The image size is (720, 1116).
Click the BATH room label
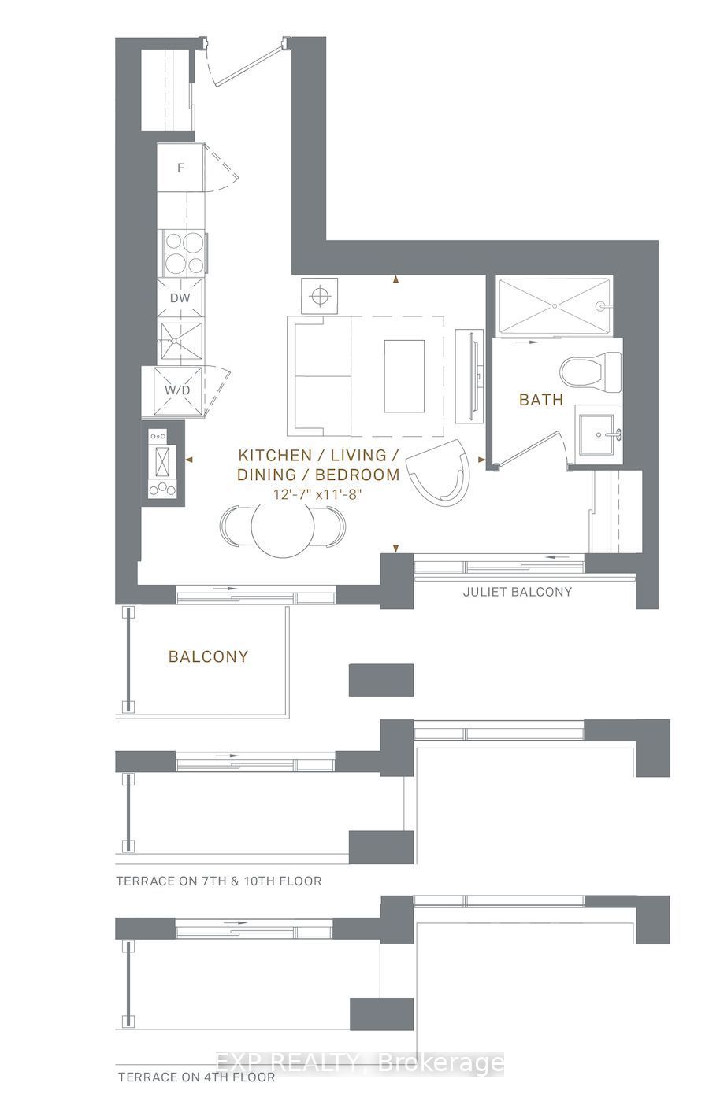pyautogui.click(x=541, y=400)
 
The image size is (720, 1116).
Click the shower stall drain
pyautogui.click(x=555, y=307)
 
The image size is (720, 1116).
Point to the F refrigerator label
pyautogui.click(x=180, y=168)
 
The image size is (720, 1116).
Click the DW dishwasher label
pyautogui.click(x=180, y=298)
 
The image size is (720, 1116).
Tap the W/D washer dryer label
pyautogui.click(x=177, y=390)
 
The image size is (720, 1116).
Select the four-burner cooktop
pyautogui.click(x=184, y=253)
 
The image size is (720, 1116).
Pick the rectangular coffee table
pyautogui.click(x=404, y=376)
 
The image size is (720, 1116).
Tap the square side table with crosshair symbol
pyautogui.click(x=319, y=296)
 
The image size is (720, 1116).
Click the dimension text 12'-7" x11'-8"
pyautogui.click(x=317, y=495)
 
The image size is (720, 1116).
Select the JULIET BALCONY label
pyautogui.click(x=517, y=591)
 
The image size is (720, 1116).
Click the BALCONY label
pyautogui.click(x=209, y=656)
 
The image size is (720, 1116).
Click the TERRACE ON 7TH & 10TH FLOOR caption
pyautogui.click(x=219, y=881)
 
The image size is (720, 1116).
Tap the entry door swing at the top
pyautogui.click(x=247, y=64)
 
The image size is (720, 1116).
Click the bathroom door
pyautogui.click(x=529, y=449)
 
